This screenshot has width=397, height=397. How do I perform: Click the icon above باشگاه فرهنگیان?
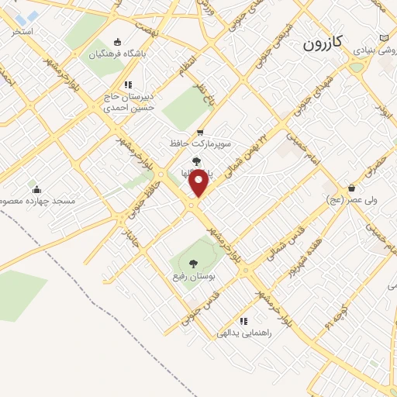[117, 42]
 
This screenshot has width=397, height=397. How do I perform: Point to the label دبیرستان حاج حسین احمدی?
[129, 102]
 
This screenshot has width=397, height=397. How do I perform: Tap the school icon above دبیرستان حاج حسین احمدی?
[128, 85]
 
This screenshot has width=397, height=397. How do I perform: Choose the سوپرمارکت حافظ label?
[201, 143]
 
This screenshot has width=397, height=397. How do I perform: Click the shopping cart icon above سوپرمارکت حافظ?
[201, 132]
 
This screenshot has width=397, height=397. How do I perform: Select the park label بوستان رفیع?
[193, 275]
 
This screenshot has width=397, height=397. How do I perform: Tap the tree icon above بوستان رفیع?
[193, 263]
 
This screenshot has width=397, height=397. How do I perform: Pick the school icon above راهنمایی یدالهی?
[243, 320]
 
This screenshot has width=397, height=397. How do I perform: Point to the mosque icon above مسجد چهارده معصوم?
[35, 188]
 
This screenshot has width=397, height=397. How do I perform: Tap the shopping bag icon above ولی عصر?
[351, 187]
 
